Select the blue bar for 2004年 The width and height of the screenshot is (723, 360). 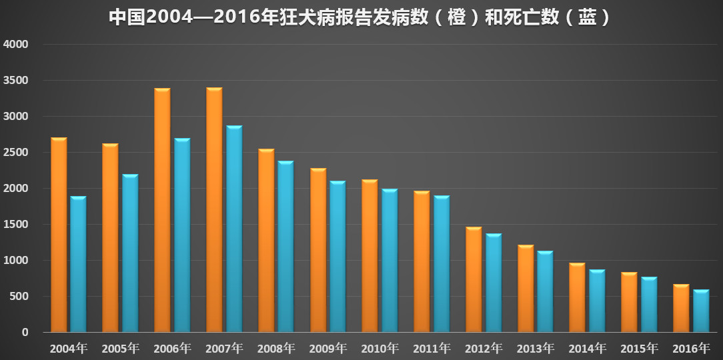78,264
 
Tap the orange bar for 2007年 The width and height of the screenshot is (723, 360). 214,210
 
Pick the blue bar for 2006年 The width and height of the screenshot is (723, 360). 182,235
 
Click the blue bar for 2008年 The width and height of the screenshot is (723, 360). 286,247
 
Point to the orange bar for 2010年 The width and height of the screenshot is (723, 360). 370,256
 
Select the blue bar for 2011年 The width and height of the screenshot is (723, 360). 442,264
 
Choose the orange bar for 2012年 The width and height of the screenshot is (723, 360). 474,280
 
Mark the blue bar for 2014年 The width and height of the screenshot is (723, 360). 597,301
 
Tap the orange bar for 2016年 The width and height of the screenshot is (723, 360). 681,308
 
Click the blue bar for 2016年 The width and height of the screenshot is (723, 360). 701,311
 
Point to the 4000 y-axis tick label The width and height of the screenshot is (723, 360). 15,45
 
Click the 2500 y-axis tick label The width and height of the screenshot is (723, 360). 15,153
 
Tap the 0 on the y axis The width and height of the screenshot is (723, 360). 25,332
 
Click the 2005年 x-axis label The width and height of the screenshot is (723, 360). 120,349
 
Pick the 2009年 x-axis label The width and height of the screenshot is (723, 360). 328,349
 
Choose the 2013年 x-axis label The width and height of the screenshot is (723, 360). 536,349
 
